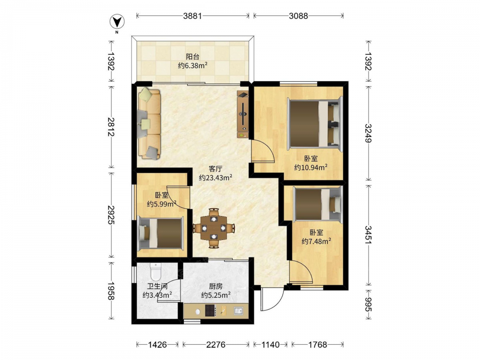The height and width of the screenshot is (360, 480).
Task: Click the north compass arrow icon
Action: (117, 22)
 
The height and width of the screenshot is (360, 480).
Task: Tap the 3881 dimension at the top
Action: (192, 16)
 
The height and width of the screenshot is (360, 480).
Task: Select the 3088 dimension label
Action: (298, 16)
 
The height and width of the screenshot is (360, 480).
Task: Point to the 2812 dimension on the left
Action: (110, 127)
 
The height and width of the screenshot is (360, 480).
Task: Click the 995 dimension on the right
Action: (368, 305)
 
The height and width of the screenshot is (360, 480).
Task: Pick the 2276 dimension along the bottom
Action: (216, 345)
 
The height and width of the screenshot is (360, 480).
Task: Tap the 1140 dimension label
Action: (270, 345)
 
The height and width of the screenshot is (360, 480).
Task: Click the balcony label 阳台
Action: (193, 57)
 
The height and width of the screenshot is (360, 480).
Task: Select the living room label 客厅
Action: (215, 169)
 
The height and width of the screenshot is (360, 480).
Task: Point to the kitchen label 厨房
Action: (216, 287)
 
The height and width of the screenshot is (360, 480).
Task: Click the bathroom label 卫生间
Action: (157, 287)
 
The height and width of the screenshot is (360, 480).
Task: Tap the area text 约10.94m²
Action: (311, 167)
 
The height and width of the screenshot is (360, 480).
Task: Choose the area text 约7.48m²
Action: (316, 241)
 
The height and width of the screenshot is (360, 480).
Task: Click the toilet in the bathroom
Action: (156, 272)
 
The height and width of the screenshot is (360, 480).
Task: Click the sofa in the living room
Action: (149, 123)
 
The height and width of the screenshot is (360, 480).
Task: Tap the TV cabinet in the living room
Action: (243, 115)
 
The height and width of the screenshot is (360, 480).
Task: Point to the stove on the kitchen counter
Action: (211, 311)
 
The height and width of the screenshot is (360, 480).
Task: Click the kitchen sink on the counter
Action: (238, 311)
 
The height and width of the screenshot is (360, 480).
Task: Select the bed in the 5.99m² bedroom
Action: (160, 233)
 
